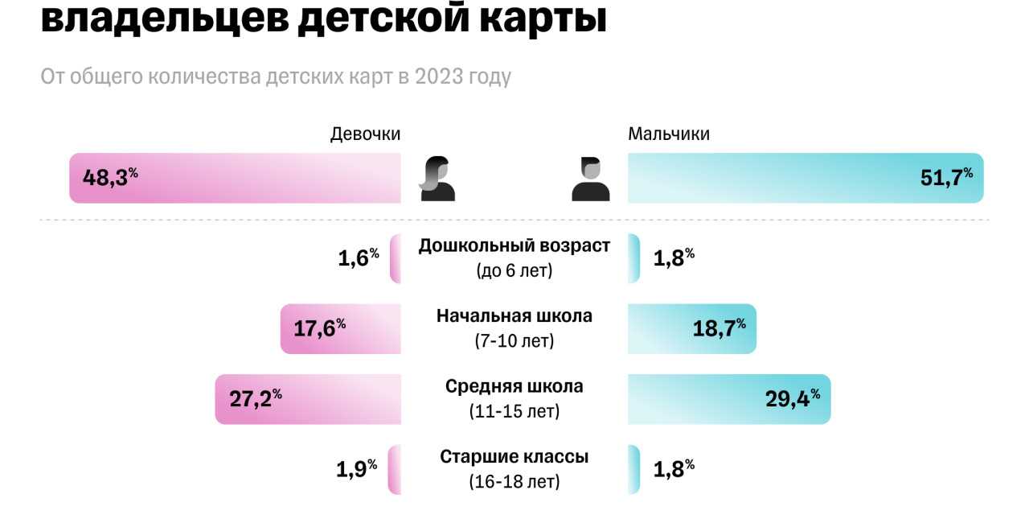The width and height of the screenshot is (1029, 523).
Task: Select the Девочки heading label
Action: pos(365,134)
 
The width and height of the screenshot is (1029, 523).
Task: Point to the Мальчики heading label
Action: pos(669,134)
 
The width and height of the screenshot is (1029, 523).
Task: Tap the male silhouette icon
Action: pos(591,178)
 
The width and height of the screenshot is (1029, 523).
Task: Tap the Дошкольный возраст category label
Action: pos(514,246)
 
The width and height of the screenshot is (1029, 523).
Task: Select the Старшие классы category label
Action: pos(514,457)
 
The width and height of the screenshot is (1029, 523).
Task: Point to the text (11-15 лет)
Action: pos(514,411)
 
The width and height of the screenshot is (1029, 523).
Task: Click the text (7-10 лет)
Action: pos(514,341)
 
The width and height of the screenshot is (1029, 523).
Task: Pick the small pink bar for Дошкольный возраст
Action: pos(396,258)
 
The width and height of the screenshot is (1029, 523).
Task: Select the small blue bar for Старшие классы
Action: pos(633,469)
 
